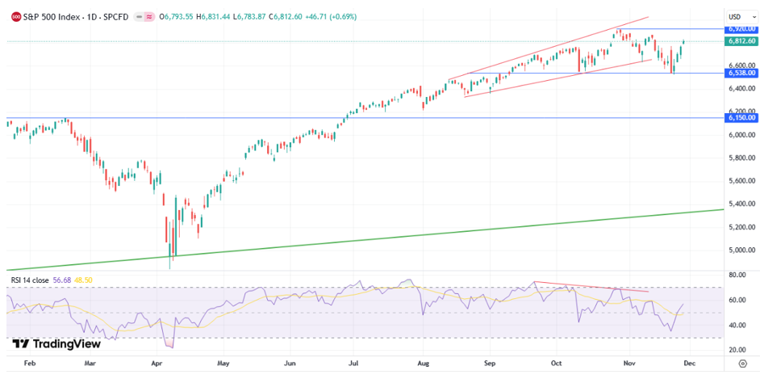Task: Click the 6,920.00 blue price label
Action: click(x=741, y=28)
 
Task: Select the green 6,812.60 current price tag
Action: click(x=741, y=40)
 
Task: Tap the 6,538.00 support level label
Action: click(x=741, y=73)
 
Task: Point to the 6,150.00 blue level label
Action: click(x=741, y=117)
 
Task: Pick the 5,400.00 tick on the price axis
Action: click(x=740, y=204)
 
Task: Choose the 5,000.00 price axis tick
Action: click(x=740, y=250)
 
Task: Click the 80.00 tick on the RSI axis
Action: click(x=736, y=275)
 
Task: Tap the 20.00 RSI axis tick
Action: click(x=736, y=349)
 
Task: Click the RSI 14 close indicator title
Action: click(x=30, y=280)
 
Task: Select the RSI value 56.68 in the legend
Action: click(x=63, y=280)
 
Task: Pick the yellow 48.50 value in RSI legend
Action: click(x=83, y=280)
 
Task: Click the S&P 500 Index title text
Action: click(x=49, y=16)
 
